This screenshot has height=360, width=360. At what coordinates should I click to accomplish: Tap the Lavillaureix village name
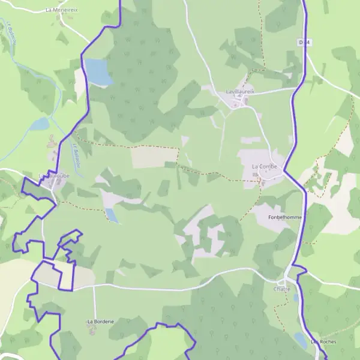(x=240, y=91)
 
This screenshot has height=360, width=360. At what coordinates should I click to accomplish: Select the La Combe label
(x=264, y=166)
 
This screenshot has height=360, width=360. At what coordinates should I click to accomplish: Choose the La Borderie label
(x=100, y=322)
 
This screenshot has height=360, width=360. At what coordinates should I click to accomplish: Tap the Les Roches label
(x=323, y=342)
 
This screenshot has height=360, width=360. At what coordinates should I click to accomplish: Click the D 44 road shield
(x=304, y=42)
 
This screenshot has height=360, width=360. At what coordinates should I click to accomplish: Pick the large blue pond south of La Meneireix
(x=98, y=71)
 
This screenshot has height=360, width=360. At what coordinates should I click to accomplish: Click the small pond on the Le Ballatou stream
(x=40, y=124)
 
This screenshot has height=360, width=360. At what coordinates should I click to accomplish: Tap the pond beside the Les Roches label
(x=301, y=340)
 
